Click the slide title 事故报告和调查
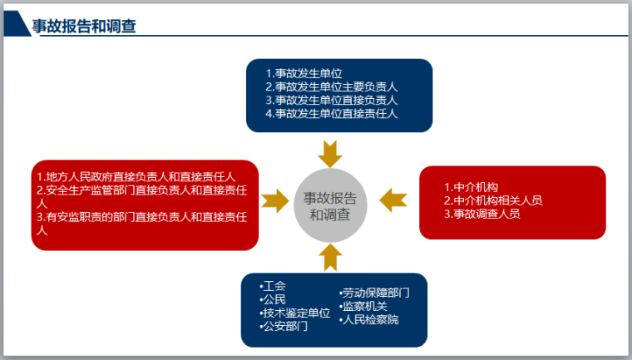[83, 27]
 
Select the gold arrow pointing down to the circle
[330, 154]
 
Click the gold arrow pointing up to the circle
[330, 258]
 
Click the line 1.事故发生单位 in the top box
[304, 73]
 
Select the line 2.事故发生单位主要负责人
[332, 86]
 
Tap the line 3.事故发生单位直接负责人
[332, 100]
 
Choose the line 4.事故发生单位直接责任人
[332, 113]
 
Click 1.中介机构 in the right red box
[471, 187]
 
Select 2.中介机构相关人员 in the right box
[493, 200]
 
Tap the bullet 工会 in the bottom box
[274, 286]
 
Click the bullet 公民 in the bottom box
[274, 299]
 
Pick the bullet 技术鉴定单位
[295, 313]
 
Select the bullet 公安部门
[284, 326]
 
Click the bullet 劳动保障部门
[374, 293]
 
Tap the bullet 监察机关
[363, 306]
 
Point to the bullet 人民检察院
[369, 319]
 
